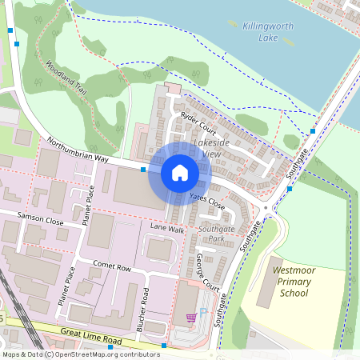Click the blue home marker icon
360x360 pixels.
(x=180, y=172)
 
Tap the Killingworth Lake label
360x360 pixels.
(x=269, y=31)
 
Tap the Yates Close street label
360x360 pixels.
(x=207, y=200)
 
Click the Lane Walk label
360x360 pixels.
(x=167, y=230)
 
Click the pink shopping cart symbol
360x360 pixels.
(x=190, y=318)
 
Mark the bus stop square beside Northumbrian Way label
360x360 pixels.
(x=143, y=170)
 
